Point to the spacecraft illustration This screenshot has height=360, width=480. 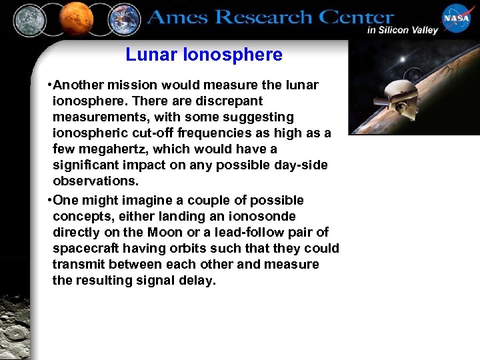pyautogui.click(x=400, y=93)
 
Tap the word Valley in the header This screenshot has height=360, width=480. pyautogui.click(x=421, y=30)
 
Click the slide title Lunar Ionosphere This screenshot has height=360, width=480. pyautogui.click(x=204, y=55)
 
